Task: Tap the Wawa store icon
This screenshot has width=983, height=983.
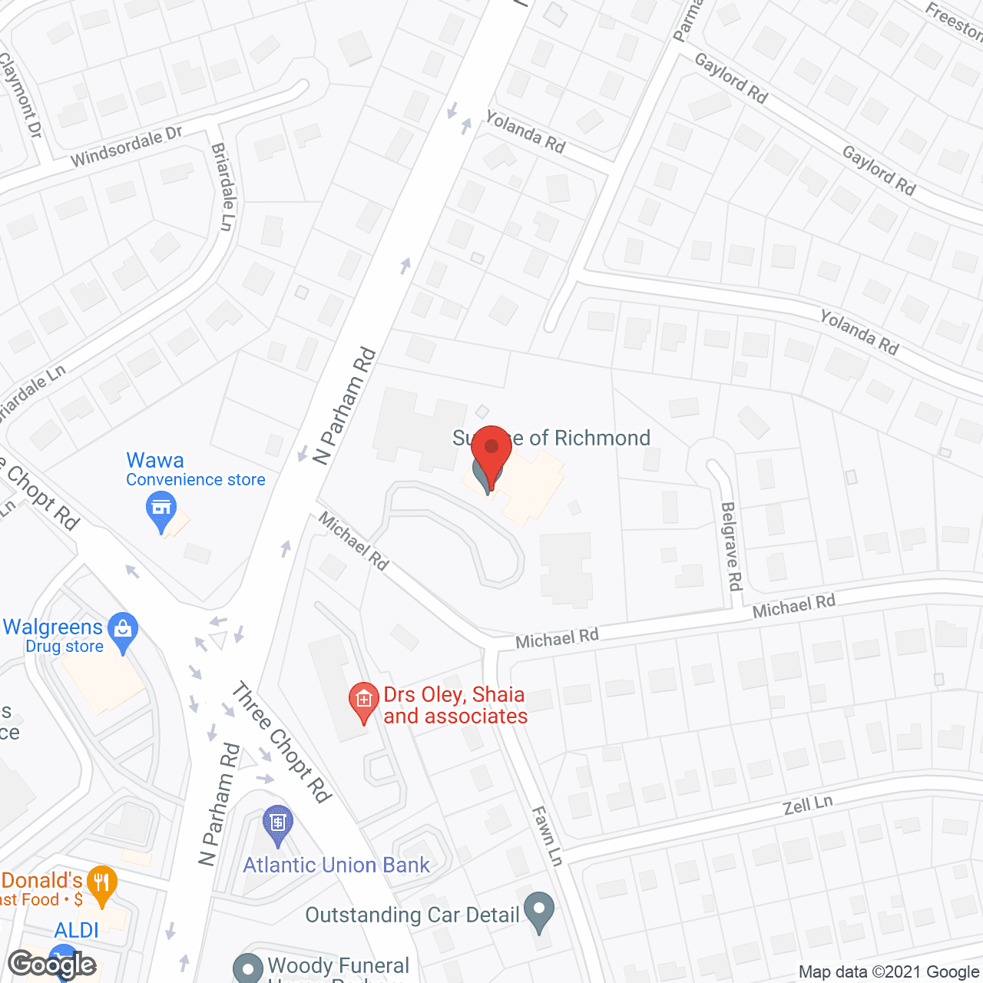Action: (161, 509)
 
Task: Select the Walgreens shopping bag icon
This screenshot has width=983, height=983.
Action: (123, 630)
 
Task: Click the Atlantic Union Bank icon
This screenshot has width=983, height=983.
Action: (277, 823)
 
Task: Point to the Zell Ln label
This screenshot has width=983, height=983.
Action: (808, 806)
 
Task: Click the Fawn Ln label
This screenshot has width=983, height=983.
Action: (548, 836)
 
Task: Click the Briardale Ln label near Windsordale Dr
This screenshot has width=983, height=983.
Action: (223, 186)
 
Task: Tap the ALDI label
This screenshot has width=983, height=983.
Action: (77, 930)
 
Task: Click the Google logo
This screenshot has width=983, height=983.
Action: (51, 965)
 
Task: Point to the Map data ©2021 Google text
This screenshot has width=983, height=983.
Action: (889, 972)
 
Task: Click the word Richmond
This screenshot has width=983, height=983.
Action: (603, 438)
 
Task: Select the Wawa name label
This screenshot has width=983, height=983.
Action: (155, 460)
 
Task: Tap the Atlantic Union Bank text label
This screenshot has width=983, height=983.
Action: (336, 866)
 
